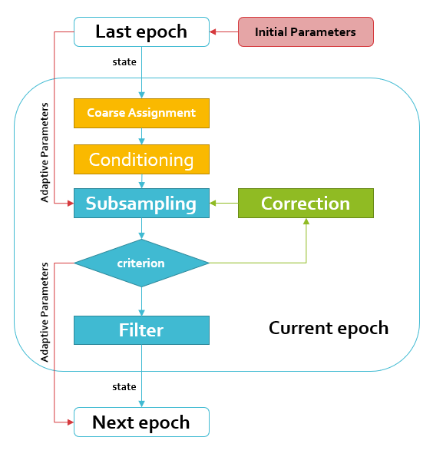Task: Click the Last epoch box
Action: coord(141,31)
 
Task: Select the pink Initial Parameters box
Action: coord(306,31)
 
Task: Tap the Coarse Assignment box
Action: coord(141,113)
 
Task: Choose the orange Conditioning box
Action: coord(141,160)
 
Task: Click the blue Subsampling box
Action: coord(141,203)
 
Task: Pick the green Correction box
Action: coord(306,203)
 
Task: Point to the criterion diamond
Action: coord(141,263)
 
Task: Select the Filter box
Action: coord(141,330)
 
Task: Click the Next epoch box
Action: coord(141,422)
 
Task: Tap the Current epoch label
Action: coord(329,329)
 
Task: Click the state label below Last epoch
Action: coord(124,61)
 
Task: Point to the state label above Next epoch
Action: coord(124,387)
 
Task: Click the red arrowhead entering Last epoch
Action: coord(213,31)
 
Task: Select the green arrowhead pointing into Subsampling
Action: coord(213,203)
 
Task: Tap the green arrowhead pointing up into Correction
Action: coord(306,221)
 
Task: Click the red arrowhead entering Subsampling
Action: coord(71,203)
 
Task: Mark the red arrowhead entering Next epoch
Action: coord(71,422)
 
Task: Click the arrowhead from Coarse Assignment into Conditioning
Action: coord(141,141)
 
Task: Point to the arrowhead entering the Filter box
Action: coord(141,313)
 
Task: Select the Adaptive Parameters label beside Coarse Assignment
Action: coord(45,152)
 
